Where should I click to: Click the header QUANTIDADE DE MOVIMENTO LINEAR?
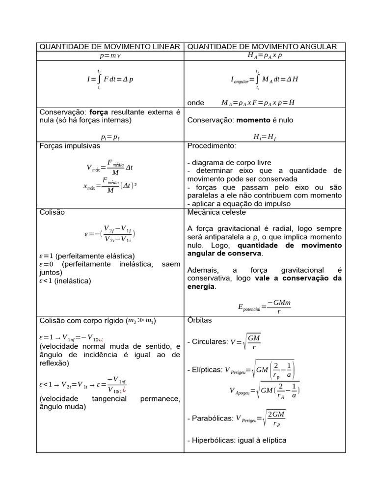(x=110, y=47)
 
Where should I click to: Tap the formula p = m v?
(x=110, y=56)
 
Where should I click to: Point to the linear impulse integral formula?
(x=110, y=79)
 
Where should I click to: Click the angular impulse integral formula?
(x=264, y=79)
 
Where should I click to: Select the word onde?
(x=195, y=103)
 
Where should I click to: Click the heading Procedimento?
(x=212, y=146)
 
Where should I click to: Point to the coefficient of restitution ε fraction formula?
(x=110, y=234)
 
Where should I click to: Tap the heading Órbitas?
(x=200, y=320)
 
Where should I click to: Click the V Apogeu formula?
(x=264, y=391)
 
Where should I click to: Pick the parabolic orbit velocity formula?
(x=260, y=419)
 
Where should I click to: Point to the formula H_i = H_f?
(x=264, y=138)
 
